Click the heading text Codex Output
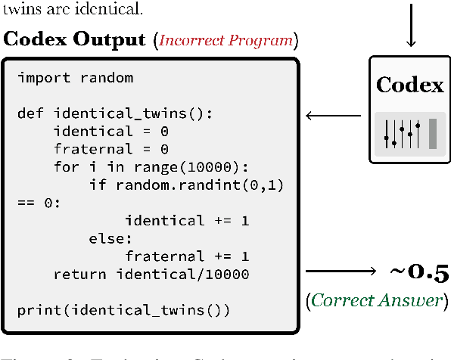[x=76, y=39]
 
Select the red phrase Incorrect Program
[x=228, y=40]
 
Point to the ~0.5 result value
[x=418, y=272]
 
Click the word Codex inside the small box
[x=409, y=85]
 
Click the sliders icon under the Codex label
[x=409, y=134]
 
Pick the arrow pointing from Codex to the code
[x=332, y=116]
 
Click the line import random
[x=75, y=79]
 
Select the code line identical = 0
[x=110, y=132]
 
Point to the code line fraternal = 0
[x=110, y=149]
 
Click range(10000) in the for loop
[x=188, y=167]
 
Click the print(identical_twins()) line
[x=123, y=309]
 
